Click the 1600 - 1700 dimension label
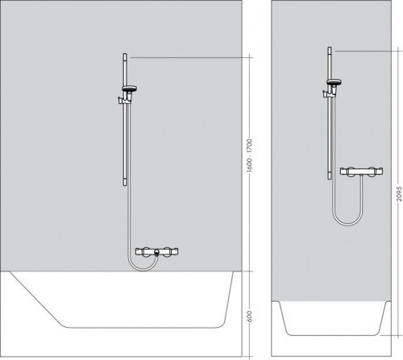click(250, 162)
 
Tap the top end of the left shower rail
click(125, 56)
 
